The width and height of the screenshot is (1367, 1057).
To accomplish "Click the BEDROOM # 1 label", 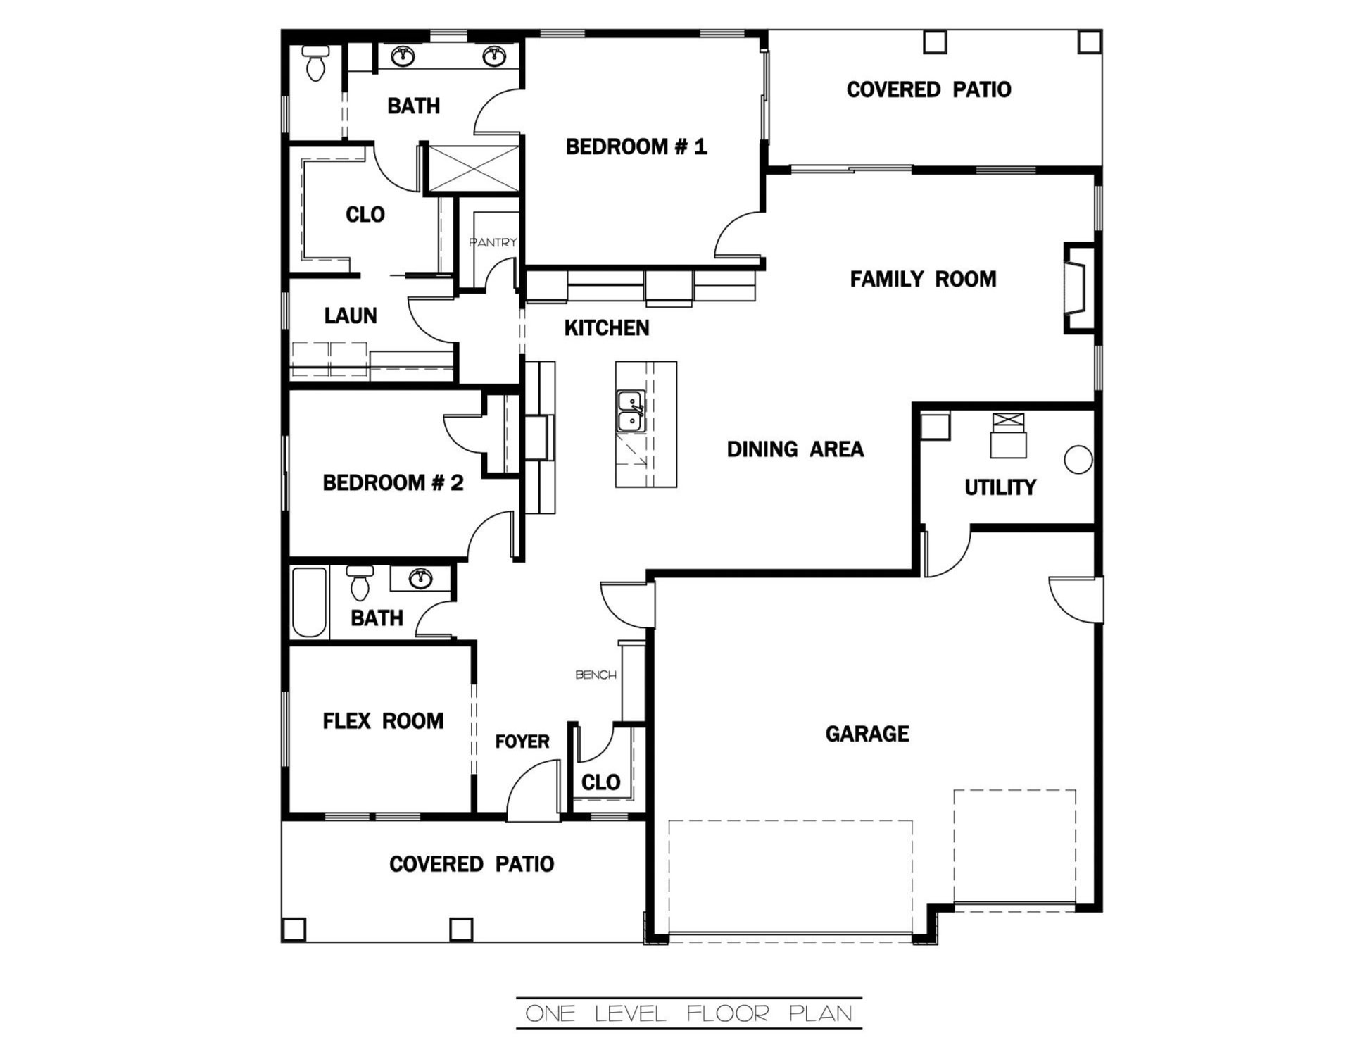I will click(x=636, y=146).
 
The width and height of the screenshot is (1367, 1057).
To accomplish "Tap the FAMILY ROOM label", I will click(x=922, y=280).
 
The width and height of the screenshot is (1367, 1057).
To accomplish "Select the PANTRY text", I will click(x=493, y=242).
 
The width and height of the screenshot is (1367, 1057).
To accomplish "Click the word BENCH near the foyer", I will click(x=596, y=675).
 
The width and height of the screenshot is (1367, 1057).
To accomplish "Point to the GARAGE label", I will click(x=867, y=734).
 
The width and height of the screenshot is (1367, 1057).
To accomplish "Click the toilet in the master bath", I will click(x=315, y=63).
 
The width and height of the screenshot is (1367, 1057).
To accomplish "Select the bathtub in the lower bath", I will click(x=308, y=602).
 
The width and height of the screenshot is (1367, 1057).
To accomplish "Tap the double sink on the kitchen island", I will click(x=630, y=411).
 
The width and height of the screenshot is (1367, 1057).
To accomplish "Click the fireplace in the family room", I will click(x=1077, y=287).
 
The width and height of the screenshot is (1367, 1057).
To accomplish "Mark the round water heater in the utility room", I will click(x=1077, y=460).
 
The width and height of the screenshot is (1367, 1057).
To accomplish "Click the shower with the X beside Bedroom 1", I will click(x=473, y=168).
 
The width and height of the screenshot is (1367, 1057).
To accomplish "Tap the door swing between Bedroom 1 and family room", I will click(x=739, y=236).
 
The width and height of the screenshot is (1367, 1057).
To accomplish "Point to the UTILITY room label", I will click(x=1000, y=487).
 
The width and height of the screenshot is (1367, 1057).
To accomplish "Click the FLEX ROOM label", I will click(x=383, y=721).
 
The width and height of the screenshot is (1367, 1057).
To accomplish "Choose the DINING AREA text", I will click(x=795, y=449).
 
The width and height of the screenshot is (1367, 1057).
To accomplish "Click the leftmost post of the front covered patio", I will click(x=294, y=929).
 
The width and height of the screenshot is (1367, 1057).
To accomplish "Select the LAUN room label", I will click(x=350, y=315).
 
